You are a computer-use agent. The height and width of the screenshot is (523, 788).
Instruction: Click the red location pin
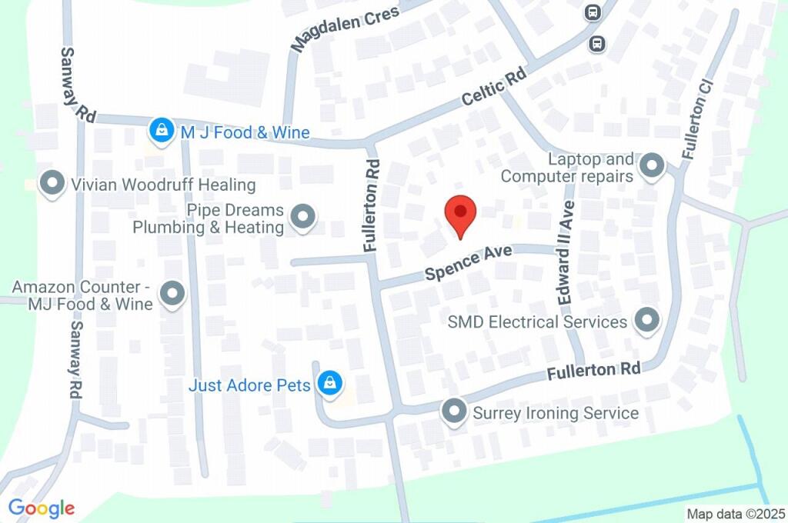click(461, 215)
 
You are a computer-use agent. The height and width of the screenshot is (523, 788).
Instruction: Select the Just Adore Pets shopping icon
click(330, 382)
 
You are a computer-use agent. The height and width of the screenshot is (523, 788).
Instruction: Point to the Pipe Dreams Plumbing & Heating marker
click(302, 218)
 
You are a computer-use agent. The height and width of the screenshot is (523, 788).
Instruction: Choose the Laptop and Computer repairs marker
click(653, 165)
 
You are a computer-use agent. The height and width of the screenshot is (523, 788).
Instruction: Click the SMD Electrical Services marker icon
click(646, 321)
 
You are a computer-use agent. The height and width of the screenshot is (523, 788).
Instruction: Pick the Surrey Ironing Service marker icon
click(454, 411)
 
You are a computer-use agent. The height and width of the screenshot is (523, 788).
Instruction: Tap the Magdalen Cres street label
click(346, 29)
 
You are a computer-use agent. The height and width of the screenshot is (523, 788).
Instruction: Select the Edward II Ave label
click(566, 253)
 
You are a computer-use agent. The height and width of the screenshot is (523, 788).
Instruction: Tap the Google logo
click(42, 508)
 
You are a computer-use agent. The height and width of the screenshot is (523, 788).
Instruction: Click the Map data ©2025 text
click(736, 514)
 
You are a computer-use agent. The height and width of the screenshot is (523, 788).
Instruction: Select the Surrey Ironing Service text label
click(555, 413)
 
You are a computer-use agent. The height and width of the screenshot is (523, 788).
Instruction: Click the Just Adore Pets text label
click(249, 385)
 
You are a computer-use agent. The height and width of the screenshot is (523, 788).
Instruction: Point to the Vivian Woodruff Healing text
click(162, 185)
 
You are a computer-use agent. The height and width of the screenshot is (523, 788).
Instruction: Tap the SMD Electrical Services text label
click(537, 321)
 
